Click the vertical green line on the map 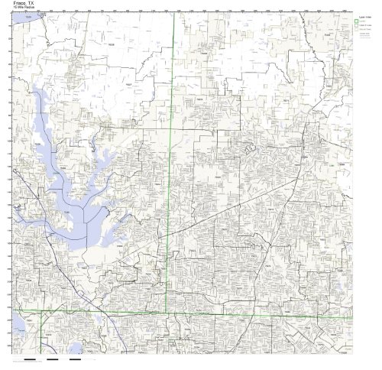(x=174, y=115)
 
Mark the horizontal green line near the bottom (x=229, y=314)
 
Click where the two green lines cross (x=174, y=313)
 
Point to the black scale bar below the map (x=34, y=359)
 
